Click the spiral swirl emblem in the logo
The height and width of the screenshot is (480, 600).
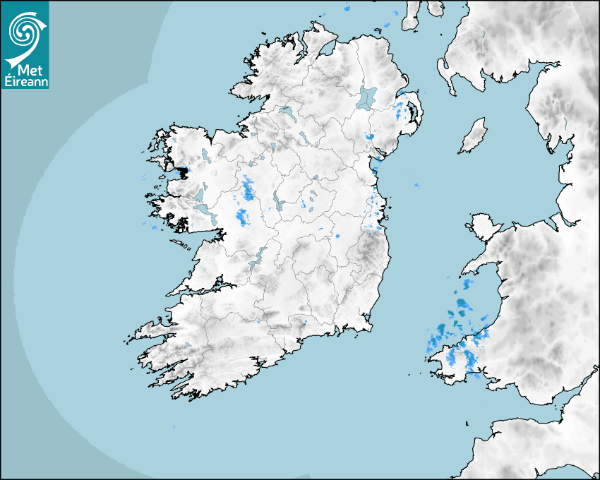point(24,31)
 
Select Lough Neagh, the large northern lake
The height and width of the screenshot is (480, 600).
point(367,97)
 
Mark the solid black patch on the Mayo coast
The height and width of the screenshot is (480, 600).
point(183,171)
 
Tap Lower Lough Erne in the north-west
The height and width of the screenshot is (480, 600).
point(286,111)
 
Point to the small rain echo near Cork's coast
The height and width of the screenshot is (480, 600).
point(305,323)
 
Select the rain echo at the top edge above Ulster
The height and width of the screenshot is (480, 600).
point(347,9)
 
